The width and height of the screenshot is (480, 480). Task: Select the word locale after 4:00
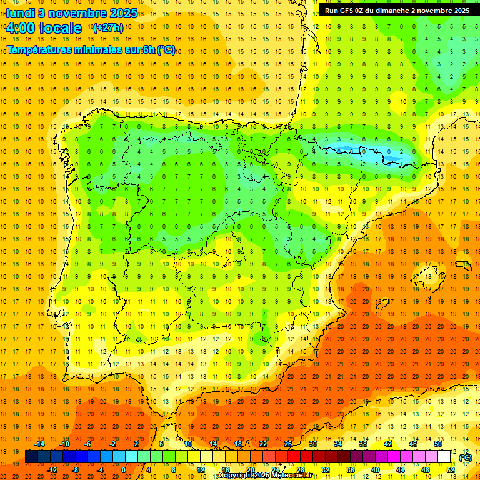pos(60,28)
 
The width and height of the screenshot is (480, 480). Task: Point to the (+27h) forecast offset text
pos(108,28)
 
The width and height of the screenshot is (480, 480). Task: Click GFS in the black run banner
pos(351,11)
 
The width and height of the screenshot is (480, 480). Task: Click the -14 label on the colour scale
pos(40,444)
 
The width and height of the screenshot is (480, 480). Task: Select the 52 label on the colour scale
pos(451,470)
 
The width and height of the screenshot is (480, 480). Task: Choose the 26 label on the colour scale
pos(288,444)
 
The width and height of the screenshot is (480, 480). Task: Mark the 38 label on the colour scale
pos(363,444)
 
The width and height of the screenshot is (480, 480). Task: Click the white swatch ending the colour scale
pos(444,457)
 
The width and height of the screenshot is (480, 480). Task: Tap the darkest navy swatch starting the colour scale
pos(31,457)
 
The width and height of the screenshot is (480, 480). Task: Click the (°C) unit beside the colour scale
pos(466,457)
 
